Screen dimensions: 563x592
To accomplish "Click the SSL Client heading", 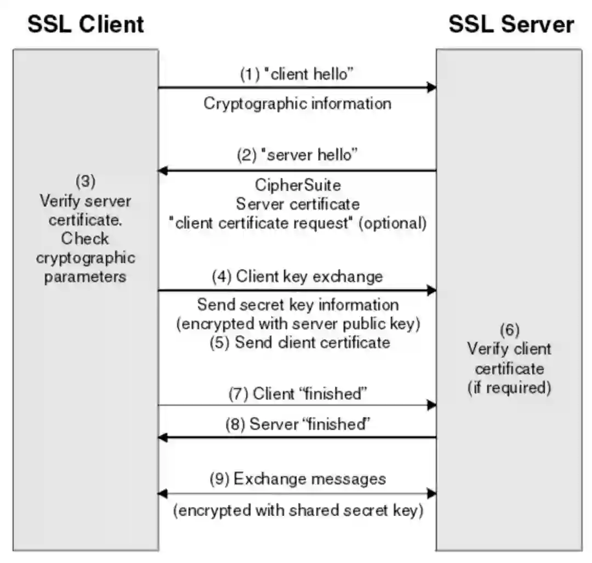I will click(86, 25).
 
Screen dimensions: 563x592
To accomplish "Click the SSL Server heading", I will click(511, 25).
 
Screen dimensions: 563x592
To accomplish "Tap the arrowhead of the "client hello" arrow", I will click(432, 87).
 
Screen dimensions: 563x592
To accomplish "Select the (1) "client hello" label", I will click(297, 75).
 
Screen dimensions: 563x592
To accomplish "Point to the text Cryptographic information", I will click(298, 103).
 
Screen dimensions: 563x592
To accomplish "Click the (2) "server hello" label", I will click(297, 155).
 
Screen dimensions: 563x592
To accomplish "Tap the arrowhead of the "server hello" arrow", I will click(163, 171).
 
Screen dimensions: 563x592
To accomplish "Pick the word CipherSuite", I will click(298, 184).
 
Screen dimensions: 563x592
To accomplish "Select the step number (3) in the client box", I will click(85, 182).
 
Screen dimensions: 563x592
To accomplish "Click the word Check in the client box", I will click(85, 239).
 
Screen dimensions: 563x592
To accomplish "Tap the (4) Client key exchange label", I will click(297, 276).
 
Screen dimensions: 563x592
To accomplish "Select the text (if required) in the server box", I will click(509, 387).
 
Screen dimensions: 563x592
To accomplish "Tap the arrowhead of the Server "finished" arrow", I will click(163, 437).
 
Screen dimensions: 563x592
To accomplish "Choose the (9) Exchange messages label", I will click(298, 478).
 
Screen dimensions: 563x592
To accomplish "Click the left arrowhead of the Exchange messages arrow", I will click(162, 493).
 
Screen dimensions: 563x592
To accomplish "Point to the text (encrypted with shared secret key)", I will click(298, 511).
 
